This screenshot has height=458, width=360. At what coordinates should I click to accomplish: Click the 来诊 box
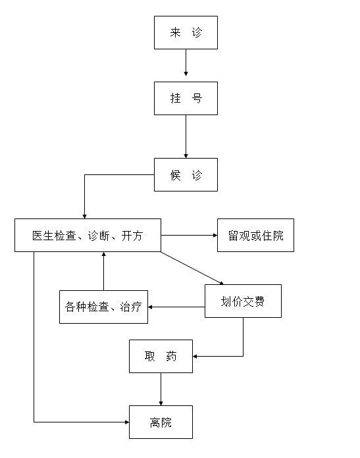coord(186,32)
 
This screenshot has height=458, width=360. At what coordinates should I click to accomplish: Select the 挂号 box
coord(186,98)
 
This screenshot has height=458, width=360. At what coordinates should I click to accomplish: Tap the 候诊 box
coord(186,174)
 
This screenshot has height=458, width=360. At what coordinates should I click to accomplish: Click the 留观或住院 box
coord(255,235)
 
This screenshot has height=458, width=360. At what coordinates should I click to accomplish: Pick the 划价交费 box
coord(243,301)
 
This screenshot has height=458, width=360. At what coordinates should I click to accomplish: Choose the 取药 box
coord(161,356)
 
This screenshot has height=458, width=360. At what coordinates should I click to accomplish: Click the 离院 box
coord(161,422)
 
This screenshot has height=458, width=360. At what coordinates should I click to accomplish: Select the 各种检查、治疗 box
coord(103,307)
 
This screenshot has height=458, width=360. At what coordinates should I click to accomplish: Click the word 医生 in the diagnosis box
coord(43,236)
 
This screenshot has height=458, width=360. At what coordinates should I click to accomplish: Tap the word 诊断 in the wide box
coord(99,236)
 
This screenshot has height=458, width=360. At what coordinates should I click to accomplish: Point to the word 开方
coord(132,236)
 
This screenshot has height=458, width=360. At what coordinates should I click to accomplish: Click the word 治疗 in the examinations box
coord(131,307)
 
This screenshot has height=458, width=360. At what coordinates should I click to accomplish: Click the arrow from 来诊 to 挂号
coord(186,63)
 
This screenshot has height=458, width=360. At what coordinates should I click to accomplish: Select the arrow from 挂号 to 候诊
coord(186,136)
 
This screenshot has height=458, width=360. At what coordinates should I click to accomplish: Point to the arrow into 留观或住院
coord(189,235)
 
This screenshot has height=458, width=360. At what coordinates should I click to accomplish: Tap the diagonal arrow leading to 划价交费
coord(192,268)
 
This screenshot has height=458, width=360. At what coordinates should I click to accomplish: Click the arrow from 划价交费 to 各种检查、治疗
coord(176,307)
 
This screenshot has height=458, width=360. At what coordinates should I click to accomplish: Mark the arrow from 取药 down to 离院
coord(161,389)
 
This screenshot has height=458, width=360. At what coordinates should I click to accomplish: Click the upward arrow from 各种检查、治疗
coord(103,271)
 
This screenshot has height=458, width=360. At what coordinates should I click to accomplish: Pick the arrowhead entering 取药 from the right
coord(195,357)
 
